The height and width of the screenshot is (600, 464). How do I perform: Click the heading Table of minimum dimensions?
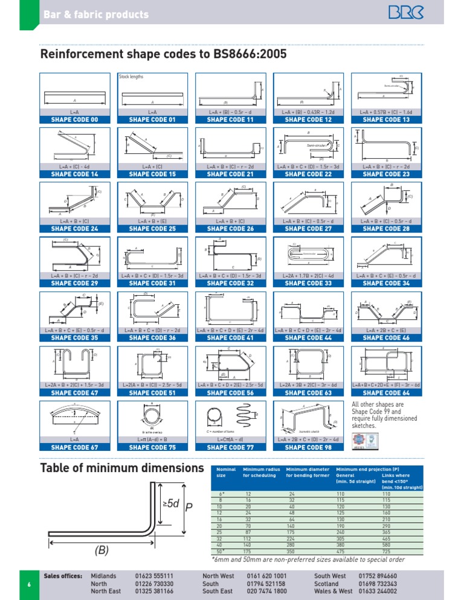point(121,468)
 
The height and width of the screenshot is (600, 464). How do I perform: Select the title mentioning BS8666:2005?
point(163,55)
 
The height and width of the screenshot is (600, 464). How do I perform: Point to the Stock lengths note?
point(131,77)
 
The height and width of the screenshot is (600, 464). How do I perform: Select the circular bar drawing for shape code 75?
point(152,415)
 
